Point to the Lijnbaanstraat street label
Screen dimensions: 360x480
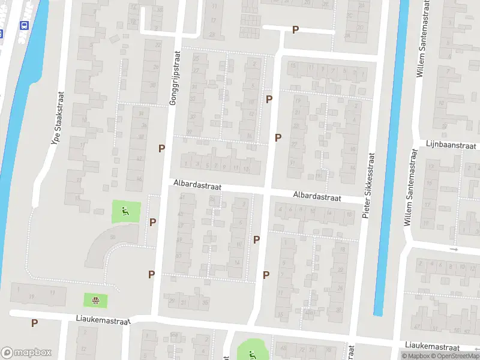tap(451, 145)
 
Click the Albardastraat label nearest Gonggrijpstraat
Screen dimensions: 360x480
tap(197, 186)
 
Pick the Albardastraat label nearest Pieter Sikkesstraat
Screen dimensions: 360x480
tap(317, 196)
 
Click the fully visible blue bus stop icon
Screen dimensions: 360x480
tap(24, 26)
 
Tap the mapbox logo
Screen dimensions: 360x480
tap(26, 353)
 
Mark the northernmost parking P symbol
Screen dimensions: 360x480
tap(295, 29)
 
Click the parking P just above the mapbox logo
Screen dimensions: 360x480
tap(34, 323)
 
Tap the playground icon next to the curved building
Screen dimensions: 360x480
tap(125, 210)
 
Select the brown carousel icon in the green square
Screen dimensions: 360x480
tap(95, 299)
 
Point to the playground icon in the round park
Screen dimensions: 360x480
tap(251, 352)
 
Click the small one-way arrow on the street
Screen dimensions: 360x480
tap(454, 248)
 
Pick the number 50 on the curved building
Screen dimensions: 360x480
tap(112, 238)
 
